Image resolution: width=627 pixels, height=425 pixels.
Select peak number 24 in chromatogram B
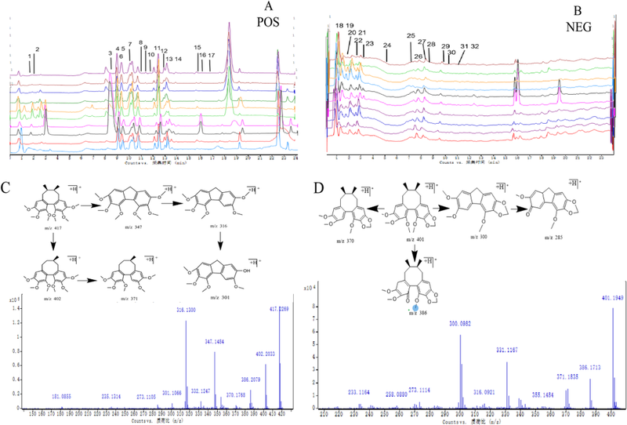pyautogui.click(x=387, y=46)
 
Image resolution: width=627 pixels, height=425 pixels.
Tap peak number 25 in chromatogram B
pyautogui.click(x=411, y=36)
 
